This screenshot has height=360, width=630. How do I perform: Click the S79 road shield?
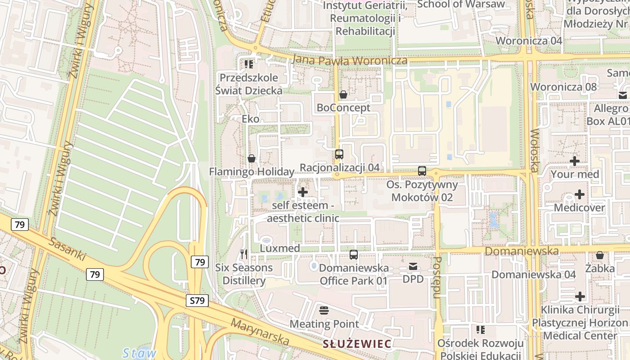pos(198,301)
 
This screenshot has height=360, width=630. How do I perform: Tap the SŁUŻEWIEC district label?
pos(357,344)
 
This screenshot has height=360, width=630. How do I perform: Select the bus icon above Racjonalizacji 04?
pos(339,154)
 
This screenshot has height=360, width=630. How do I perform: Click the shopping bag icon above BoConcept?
pos(343,94)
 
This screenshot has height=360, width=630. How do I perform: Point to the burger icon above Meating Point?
pos(324,310)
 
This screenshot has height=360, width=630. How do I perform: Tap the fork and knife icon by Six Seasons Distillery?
pos(244,254)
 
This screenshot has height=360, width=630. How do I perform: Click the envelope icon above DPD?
pos(413,266)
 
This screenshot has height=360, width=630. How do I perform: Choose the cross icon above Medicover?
pos(580,194)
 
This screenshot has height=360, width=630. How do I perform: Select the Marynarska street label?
pos(260,333)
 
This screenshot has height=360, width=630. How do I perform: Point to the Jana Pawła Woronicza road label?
pos(350,60)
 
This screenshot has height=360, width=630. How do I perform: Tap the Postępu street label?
pos(436,278)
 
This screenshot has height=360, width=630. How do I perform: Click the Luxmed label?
pos(280,248)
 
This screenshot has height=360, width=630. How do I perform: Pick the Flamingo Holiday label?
pos(252,172)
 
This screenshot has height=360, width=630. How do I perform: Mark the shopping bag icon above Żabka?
pos(599,256)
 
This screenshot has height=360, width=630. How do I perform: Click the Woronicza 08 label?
pos(563,87)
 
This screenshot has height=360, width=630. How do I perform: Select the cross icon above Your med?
pos(575,161)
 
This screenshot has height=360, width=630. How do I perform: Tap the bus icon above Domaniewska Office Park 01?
pos(354,255)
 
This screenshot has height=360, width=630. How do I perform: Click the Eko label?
pos(251,119)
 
